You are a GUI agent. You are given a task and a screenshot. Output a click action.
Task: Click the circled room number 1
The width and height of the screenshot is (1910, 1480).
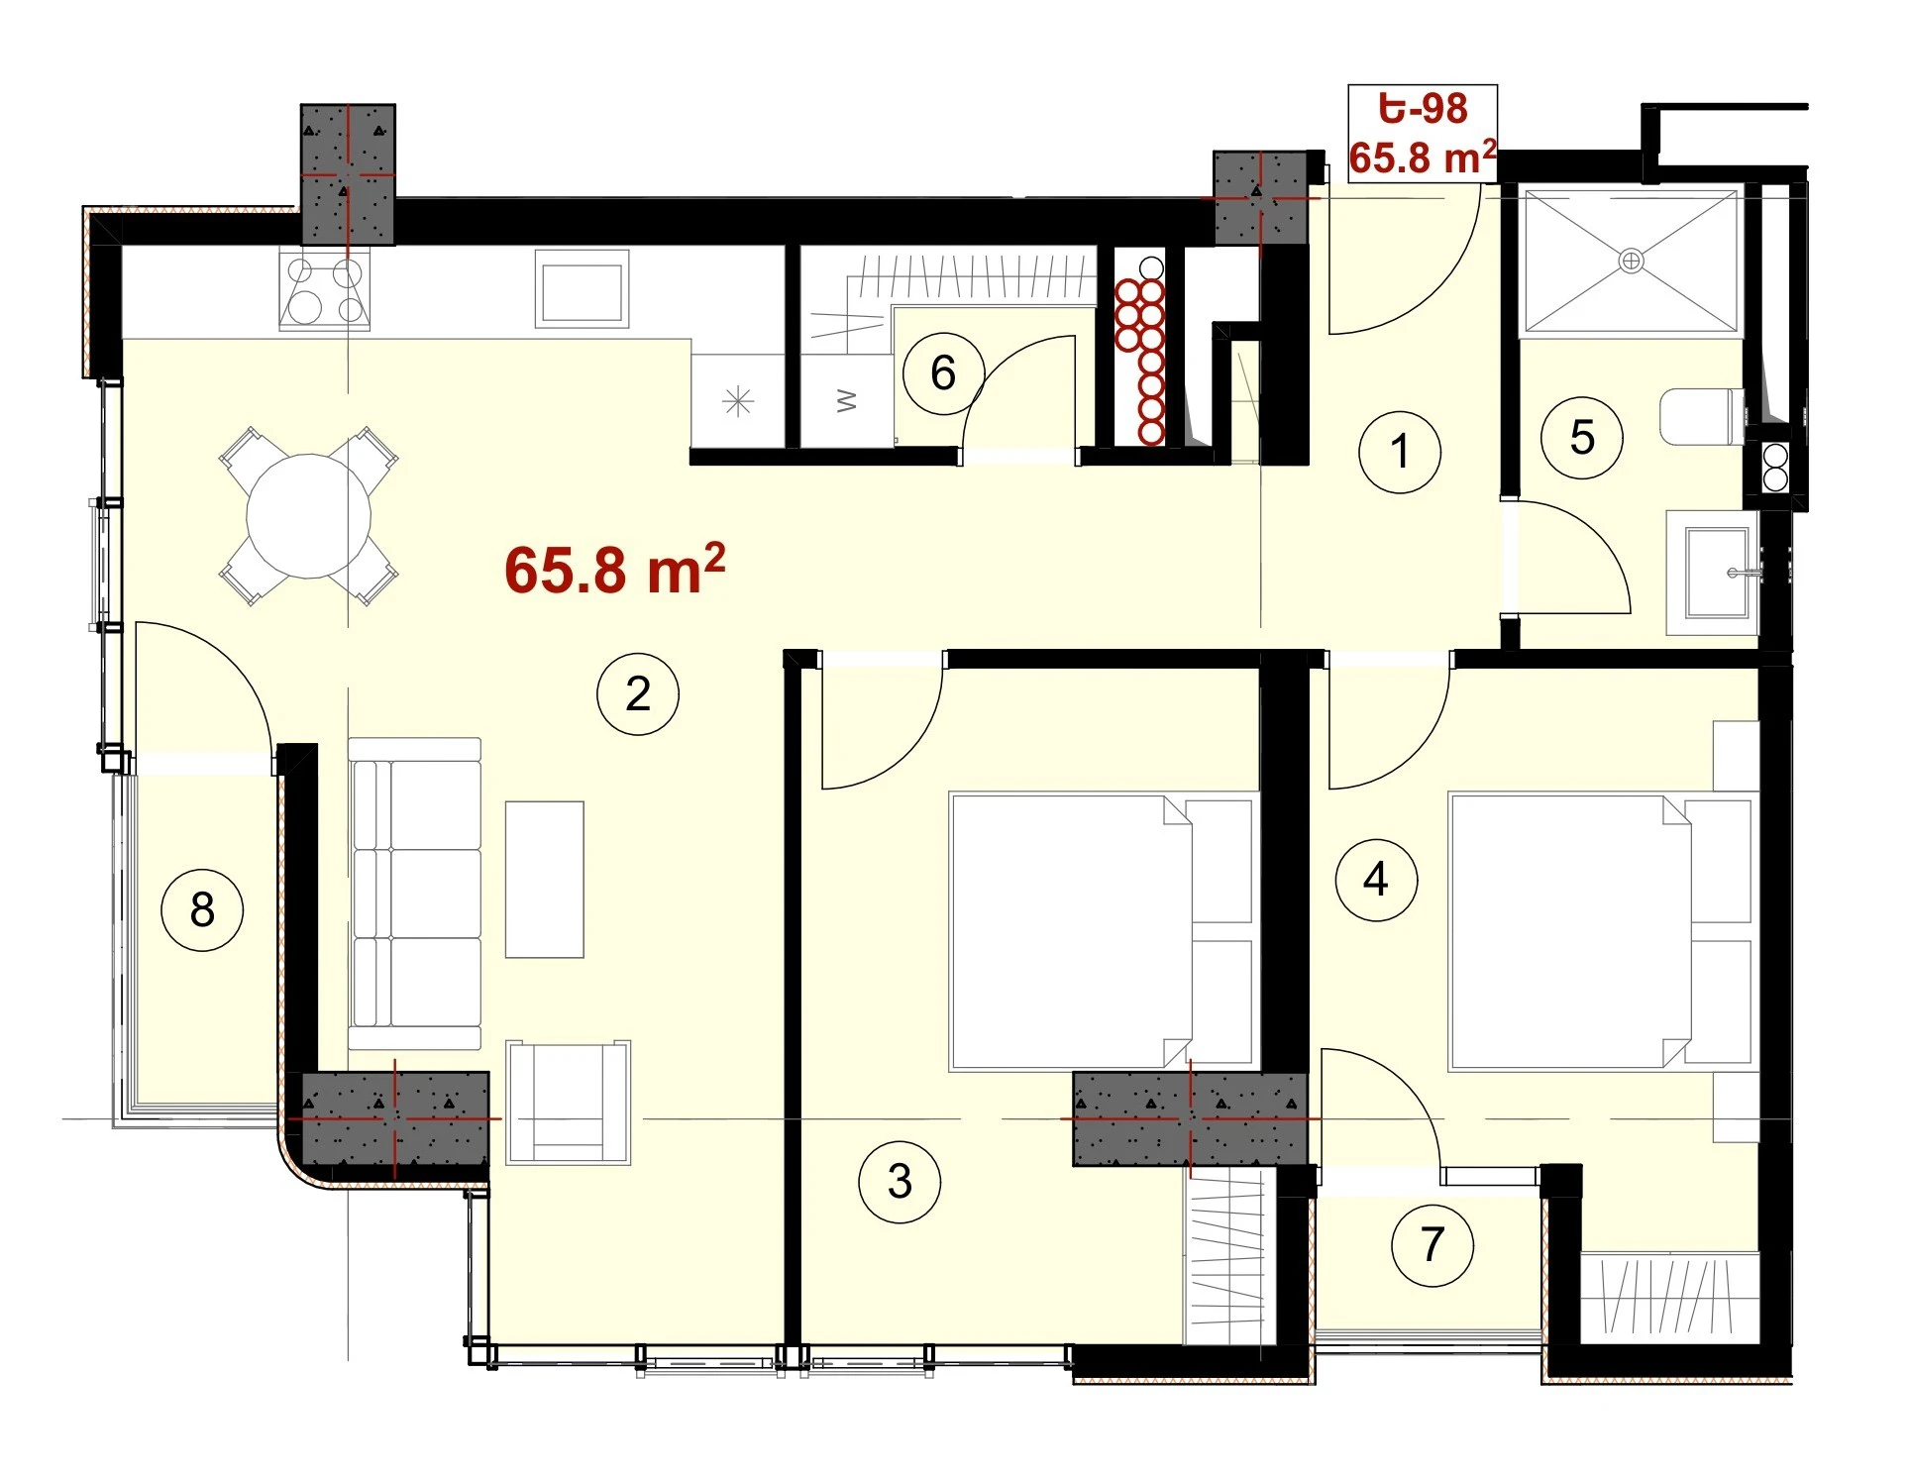(1399, 452)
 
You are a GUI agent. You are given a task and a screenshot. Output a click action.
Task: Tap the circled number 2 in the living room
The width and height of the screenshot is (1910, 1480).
(638, 693)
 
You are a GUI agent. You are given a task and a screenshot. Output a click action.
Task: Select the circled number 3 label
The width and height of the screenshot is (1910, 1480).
(900, 1181)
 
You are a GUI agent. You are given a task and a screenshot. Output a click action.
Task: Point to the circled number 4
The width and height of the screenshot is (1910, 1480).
(1376, 880)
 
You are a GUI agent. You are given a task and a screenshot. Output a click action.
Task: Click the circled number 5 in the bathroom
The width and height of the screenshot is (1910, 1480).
(1582, 438)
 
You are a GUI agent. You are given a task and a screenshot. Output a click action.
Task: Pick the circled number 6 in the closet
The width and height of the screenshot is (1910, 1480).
(943, 373)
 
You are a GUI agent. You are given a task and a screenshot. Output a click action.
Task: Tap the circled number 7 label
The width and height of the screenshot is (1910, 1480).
(1432, 1245)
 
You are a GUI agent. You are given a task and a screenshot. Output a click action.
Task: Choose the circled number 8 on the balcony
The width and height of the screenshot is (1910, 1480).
(202, 909)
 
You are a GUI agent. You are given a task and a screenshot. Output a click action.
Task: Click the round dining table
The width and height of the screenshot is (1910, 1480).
(309, 516)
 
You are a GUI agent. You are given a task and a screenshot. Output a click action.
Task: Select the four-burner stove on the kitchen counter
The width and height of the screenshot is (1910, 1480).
(325, 289)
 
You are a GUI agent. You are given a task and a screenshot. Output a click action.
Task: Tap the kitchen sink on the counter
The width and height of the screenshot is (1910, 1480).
(583, 288)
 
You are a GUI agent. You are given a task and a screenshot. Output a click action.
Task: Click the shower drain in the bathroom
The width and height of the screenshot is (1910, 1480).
(1631, 262)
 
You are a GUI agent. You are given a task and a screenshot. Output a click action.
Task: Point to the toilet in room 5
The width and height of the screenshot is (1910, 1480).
(1702, 417)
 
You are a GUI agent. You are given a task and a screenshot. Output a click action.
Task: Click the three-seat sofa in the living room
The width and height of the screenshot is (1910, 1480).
(415, 894)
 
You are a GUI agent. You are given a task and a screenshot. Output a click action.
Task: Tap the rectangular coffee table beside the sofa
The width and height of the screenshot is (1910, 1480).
(545, 880)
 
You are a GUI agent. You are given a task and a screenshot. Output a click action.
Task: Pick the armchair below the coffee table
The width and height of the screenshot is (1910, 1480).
(569, 1102)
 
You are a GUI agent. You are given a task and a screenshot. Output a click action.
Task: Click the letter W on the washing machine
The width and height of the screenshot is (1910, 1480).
(847, 400)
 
